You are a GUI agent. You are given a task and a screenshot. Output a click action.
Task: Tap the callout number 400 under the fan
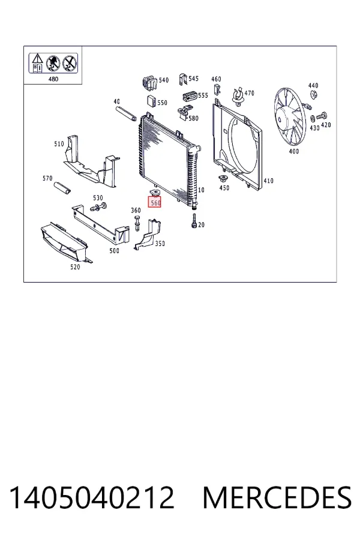[293, 151]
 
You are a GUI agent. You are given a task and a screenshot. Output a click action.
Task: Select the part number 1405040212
[92, 497]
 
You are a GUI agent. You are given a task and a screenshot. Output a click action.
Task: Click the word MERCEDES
[277, 497]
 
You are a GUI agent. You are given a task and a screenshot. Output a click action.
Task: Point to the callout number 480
[53, 79]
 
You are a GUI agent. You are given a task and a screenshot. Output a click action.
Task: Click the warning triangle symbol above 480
[37, 59]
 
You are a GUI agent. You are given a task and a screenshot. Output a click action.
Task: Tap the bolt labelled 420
[323, 116]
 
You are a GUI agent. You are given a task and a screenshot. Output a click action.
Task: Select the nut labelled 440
[313, 95]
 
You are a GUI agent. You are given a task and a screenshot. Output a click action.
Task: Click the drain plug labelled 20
[194, 221]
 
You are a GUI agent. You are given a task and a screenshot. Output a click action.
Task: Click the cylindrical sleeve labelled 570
[62, 188]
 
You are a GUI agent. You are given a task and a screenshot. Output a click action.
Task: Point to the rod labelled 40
[127, 113]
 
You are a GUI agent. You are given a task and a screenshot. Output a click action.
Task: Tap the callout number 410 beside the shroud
[268, 181]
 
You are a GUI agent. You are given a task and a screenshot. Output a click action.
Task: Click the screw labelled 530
[98, 207]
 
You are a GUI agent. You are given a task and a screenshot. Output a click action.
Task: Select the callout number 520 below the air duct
[75, 267]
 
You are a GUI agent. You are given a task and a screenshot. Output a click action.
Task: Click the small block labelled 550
[152, 101]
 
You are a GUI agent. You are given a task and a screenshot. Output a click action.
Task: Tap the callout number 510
[59, 143]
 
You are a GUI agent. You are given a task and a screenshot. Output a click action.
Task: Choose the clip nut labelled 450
[223, 179]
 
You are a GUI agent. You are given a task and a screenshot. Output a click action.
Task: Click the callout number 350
[160, 244]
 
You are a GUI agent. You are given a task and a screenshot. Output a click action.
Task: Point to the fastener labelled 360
[137, 223]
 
